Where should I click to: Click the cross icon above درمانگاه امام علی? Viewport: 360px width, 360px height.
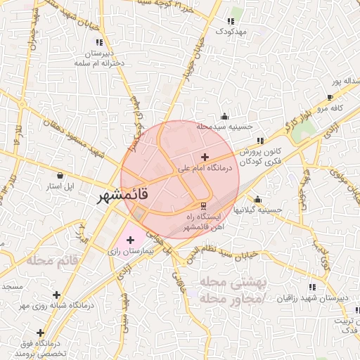(205, 157)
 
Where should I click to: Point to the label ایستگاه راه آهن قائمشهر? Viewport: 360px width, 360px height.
(202, 221)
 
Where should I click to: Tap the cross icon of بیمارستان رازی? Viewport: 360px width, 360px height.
(130, 239)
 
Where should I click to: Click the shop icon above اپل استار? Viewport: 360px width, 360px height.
(60, 174)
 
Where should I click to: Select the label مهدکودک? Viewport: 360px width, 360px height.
(231, 32)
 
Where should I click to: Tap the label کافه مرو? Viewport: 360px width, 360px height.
(328, 108)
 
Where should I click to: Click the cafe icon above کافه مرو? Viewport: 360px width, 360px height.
(330, 97)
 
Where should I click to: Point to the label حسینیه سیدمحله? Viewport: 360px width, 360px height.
(224, 127)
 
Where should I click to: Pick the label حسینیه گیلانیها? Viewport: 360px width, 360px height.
(258, 210)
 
